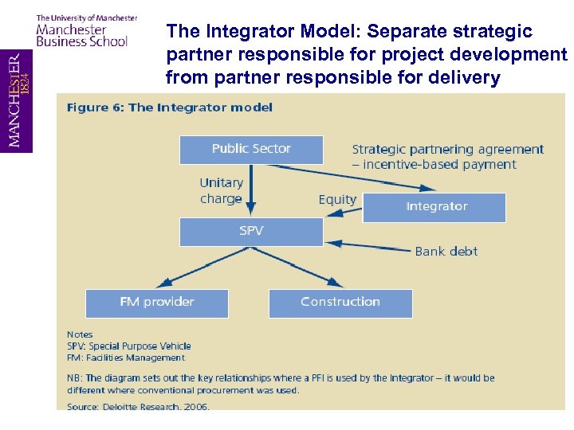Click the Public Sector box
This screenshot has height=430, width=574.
pos(251,149)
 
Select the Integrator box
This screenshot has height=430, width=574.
pos(434,207)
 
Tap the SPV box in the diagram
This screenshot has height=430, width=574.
pos(251,232)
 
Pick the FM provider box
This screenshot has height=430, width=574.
pos(157,303)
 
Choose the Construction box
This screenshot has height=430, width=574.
pos(340,303)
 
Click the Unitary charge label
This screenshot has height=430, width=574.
pos(221,191)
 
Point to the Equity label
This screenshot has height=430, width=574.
pos(337,199)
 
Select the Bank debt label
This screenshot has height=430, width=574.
pos(446,252)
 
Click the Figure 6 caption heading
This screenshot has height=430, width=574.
pos(170,107)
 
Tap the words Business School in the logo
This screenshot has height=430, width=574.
pos(82,41)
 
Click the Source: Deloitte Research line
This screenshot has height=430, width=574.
pos(138,407)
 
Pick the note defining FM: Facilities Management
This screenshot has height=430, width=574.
pos(126,358)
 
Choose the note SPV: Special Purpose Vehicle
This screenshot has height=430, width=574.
pos(129,346)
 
